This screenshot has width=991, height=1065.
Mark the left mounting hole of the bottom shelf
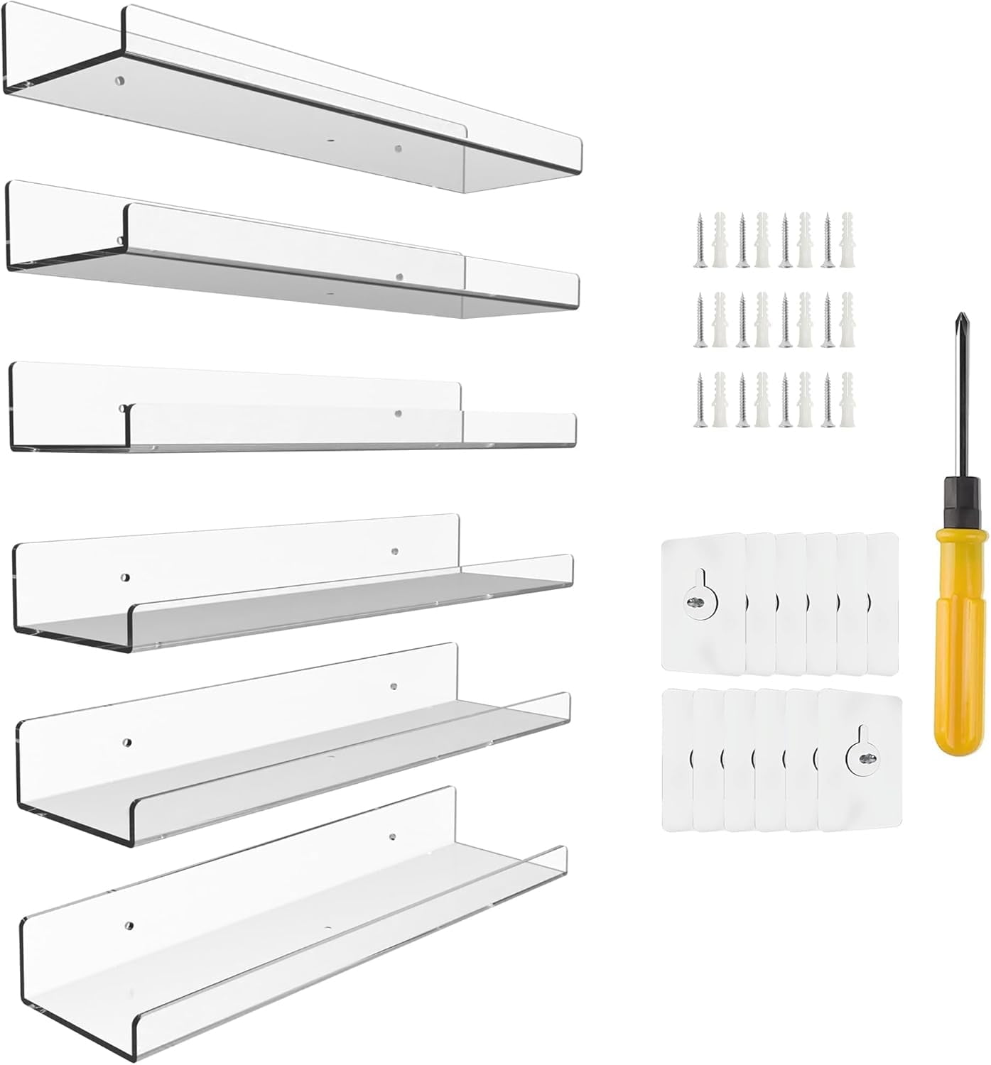coord(129,926)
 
